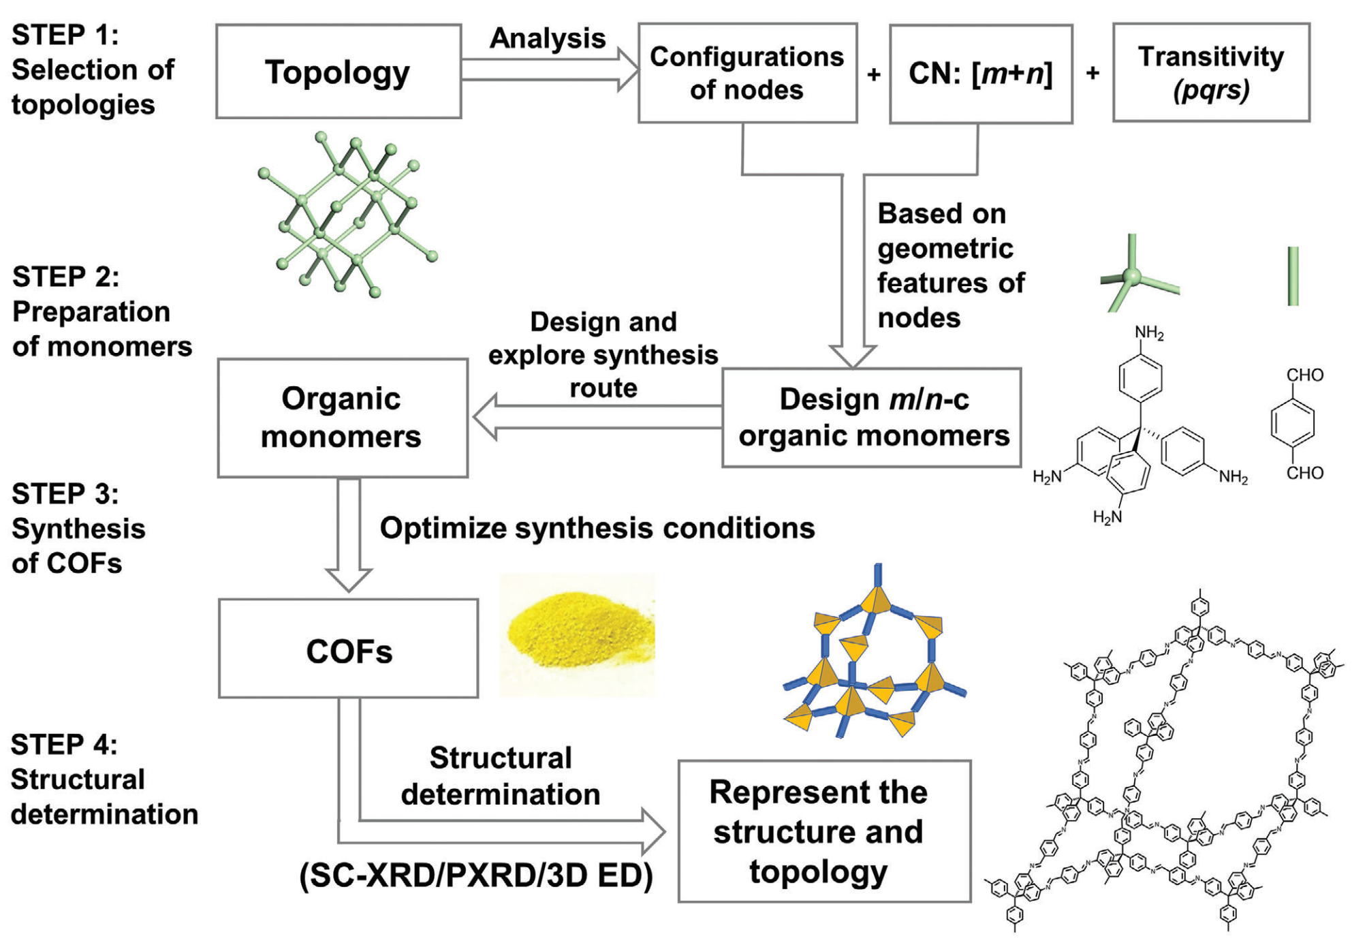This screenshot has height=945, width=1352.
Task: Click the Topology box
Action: click(339, 72)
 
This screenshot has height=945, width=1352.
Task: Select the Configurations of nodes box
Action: click(747, 73)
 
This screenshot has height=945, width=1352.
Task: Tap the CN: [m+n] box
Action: click(981, 74)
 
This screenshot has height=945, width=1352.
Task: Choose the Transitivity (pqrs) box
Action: click(1211, 72)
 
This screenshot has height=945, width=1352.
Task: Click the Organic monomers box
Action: click(342, 418)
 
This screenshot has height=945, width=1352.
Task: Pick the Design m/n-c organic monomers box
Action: click(871, 418)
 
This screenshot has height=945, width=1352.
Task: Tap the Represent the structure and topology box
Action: click(824, 831)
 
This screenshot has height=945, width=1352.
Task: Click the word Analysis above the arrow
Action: click(548, 38)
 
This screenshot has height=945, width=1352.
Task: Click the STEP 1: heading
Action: click(65, 34)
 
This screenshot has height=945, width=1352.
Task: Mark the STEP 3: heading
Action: click(65, 493)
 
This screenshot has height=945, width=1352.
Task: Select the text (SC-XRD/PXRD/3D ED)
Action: click(476, 876)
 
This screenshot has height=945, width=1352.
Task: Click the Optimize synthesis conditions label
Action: click(597, 528)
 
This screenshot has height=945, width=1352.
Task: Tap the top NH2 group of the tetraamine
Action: click(1149, 333)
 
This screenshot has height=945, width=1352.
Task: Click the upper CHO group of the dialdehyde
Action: click(1304, 375)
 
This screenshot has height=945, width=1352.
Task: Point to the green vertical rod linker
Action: click(1293, 276)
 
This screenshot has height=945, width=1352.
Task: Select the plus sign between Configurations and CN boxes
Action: click(874, 74)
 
